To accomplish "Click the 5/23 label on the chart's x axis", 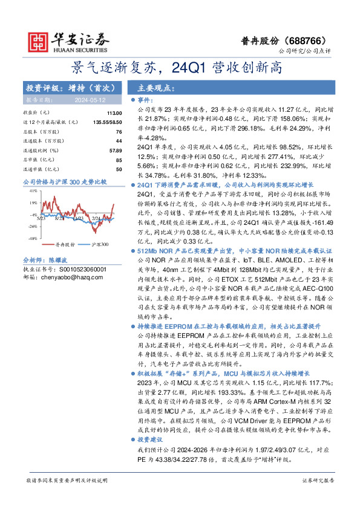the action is point(59,218).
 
